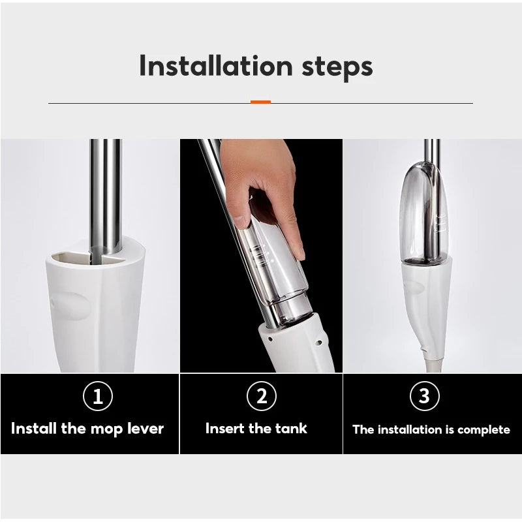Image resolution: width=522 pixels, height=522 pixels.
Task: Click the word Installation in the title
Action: (x=216, y=66)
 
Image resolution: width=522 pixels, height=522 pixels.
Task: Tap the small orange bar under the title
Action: (x=260, y=102)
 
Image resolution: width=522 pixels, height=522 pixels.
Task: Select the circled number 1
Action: (x=97, y=396)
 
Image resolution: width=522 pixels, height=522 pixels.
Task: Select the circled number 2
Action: (x=262, y=396)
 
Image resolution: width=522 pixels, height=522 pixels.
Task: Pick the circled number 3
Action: (x=425, y=396)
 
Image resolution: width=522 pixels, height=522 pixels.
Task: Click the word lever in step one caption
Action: (x=146, y=428)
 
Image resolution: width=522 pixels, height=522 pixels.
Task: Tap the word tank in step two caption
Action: (x=291, y=428)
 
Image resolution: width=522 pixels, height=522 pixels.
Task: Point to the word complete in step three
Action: (x=484, y=430)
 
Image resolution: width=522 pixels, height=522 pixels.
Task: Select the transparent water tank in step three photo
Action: (x=423, y=213)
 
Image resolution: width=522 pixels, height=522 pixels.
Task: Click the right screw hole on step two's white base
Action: (x=318, y=342)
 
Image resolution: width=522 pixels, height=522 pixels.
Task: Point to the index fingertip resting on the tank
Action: (x=300, y=254)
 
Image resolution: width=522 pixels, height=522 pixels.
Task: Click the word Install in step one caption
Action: (x=34, y=428)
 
